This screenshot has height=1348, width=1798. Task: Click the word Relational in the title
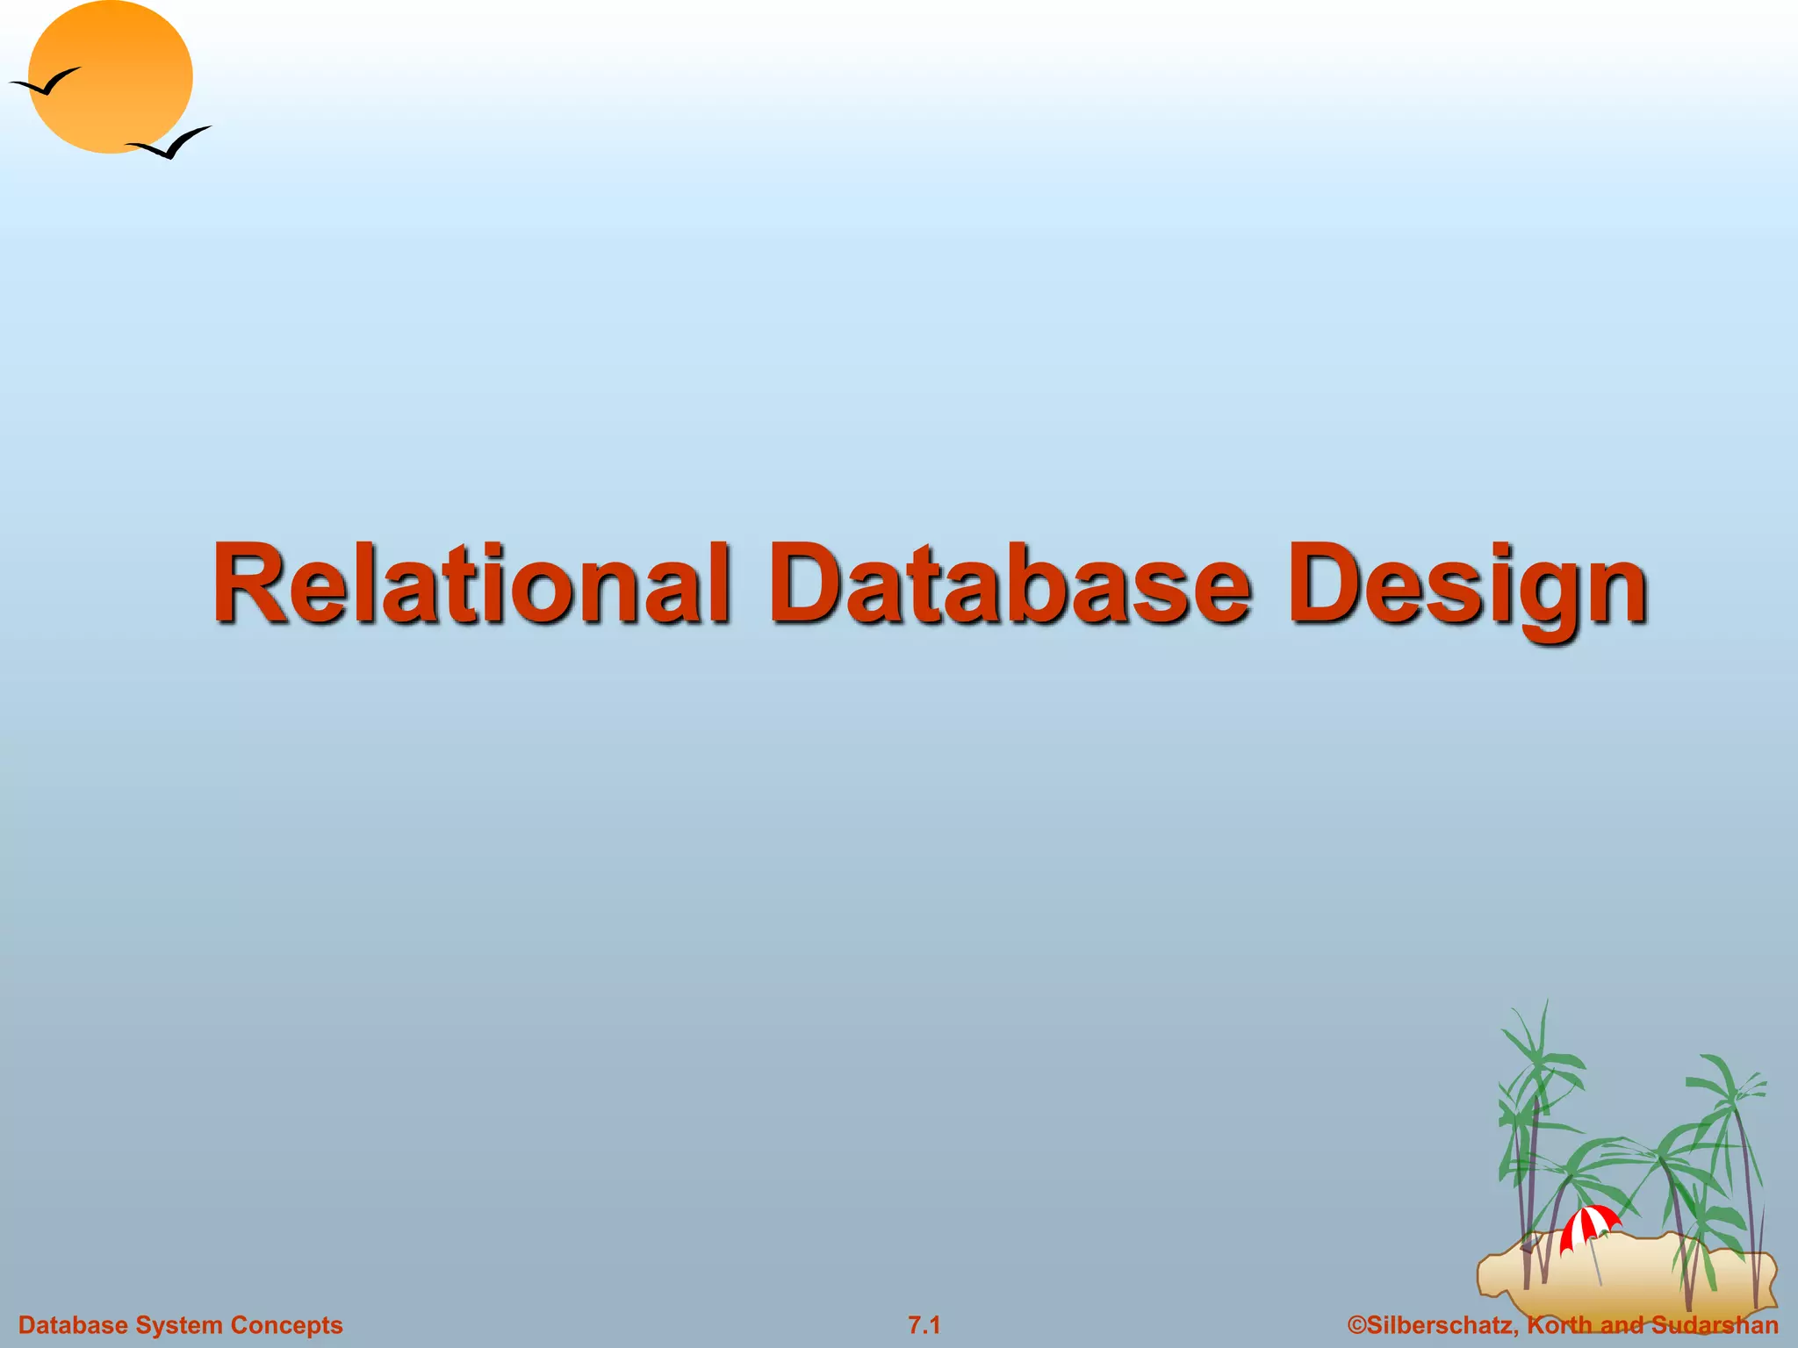471,583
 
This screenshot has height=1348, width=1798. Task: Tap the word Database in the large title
1010,583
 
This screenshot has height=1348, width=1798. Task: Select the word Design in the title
1466,583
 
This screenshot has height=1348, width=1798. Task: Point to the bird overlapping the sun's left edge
44,83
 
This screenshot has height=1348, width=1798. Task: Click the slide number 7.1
924,1325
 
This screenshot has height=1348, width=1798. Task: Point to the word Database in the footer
74,1325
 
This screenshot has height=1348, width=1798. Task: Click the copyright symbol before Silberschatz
1356,1325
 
